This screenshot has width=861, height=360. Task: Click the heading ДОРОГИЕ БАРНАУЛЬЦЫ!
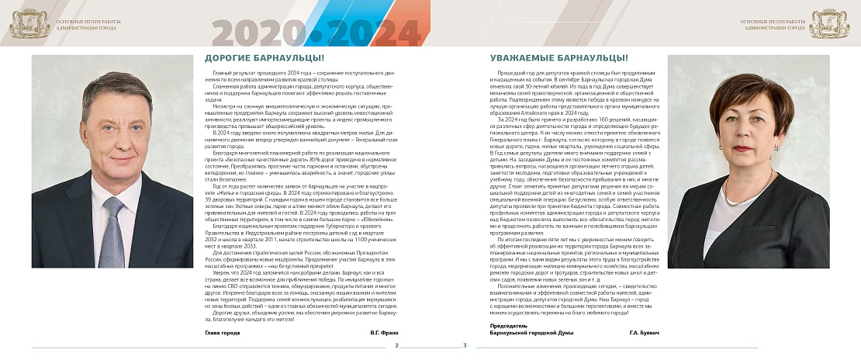point(264,58)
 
